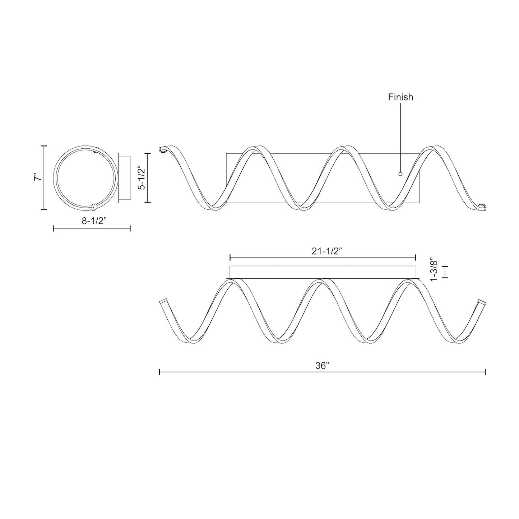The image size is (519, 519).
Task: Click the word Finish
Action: click(x=400, y=97)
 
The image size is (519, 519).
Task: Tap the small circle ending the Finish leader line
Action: click(x=400, y=174)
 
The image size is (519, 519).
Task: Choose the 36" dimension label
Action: click(x=323, y=366)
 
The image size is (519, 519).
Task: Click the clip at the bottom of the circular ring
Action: click(x=94, y=207)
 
